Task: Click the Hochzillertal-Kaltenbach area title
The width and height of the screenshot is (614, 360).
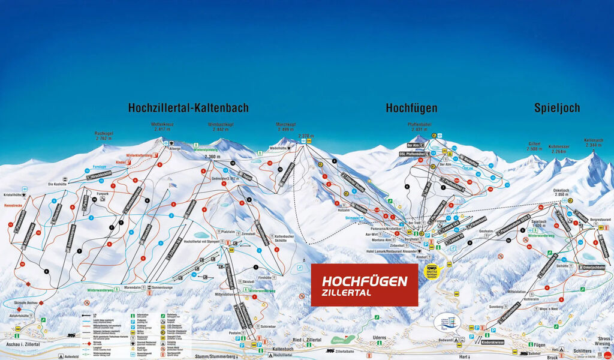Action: pyautogui.click(x=188, y=108)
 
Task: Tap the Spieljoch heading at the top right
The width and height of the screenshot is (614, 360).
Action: pyautogui.click(x=557, y=108)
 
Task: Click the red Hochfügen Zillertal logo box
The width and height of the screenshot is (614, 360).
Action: pyautogui.click(x=364, y=285)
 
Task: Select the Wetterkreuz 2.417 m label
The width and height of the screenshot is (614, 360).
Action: pyautogui.click(x=162, y=127)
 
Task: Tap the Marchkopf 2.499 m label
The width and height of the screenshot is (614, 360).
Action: pyautogui.click(x=286, y=127)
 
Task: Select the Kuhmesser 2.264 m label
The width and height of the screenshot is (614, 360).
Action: pyautogui.click(x=558, y=148)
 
